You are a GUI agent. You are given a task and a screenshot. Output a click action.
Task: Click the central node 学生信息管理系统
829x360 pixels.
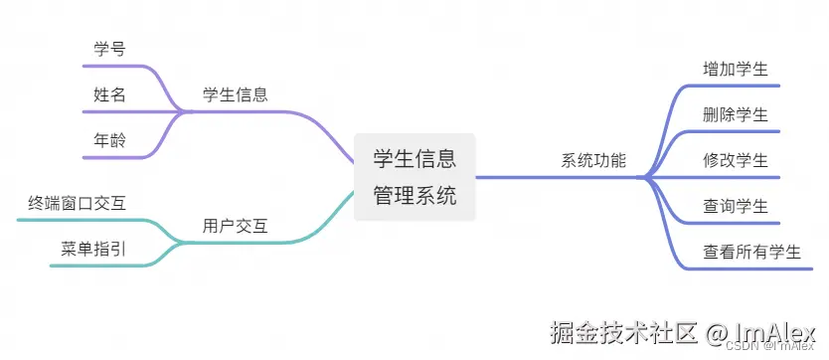coord(414,176)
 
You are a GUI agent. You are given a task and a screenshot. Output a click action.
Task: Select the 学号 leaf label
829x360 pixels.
coord(109,48)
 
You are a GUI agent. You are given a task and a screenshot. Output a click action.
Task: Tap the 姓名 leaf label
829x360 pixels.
coord(109,94)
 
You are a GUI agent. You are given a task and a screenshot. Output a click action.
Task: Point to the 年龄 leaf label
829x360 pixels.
coord(109,140)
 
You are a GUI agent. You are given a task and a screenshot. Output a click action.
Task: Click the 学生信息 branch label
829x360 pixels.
coord(235,94)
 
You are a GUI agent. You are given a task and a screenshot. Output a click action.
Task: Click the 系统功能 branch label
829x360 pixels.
coord(593,160)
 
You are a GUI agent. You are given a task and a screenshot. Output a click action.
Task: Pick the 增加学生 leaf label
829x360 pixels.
coord(735,69)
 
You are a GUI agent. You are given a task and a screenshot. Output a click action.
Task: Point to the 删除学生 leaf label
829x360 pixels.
coord(735,114)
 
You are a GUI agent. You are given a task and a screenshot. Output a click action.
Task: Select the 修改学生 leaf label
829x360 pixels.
coord(735,160)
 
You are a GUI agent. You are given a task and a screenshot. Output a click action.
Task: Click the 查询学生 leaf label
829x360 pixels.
coord(735,206)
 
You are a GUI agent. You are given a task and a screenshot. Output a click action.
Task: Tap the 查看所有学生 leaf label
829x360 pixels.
coord(751,252)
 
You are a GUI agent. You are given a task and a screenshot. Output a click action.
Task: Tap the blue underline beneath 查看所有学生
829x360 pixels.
coord(751,269)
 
